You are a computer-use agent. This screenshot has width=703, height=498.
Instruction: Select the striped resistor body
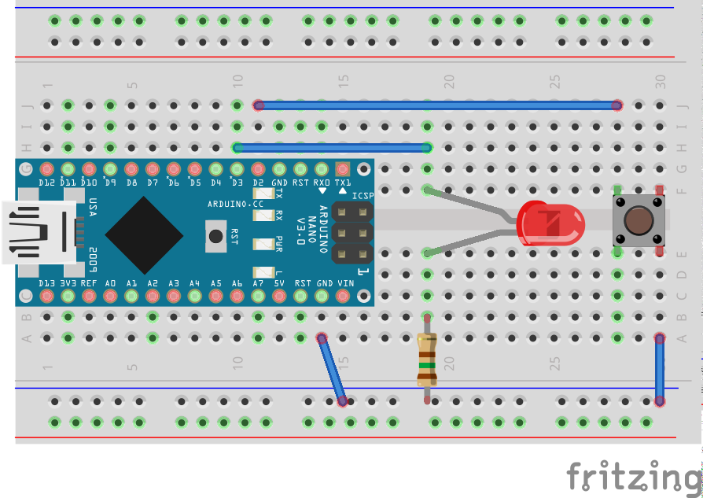tap(426, 358)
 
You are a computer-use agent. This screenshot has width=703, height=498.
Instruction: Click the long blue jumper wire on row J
tap(437, 105)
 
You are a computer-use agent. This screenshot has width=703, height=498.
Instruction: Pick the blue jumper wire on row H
tap(331, 147)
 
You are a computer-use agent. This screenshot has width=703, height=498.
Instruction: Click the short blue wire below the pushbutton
tap(660, 370)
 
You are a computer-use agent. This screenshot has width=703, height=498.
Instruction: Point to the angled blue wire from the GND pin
tap(332, 370)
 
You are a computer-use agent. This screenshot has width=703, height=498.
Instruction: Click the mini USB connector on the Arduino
tap(39, 232)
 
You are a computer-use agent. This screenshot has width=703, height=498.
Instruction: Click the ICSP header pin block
tap(351, 233)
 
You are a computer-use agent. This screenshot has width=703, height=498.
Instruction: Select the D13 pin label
tap(46, 282)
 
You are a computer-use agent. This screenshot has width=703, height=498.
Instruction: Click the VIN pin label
tap(343, 282)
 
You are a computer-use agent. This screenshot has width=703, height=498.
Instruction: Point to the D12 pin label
tap(46, 183)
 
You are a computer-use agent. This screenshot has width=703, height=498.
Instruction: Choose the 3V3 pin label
tap(68, 282)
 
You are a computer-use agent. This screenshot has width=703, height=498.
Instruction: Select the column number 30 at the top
tap(661, 80)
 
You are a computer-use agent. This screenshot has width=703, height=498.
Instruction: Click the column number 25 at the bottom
tap(554, 363)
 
